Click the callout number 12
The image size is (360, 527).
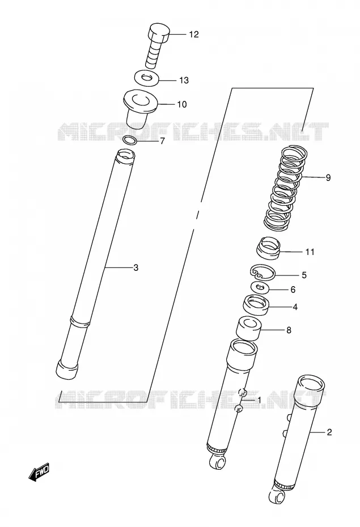pyautogui.click(x=194, y=34)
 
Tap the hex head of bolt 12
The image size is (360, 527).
pyautogui.click(x=158, y=33)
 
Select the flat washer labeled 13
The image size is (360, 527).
pyautogui.click(x=146, y=78)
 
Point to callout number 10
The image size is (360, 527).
pyautogui.click(x=182, y=104)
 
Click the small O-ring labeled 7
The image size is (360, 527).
pyautogui.click(x=130, y=140)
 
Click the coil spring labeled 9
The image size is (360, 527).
pyautogui.click(x=285, y=188)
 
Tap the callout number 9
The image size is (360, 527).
pyautogui.click(x=328, y=177)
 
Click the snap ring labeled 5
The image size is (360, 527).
pyautogui.click(x=263, y=272)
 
